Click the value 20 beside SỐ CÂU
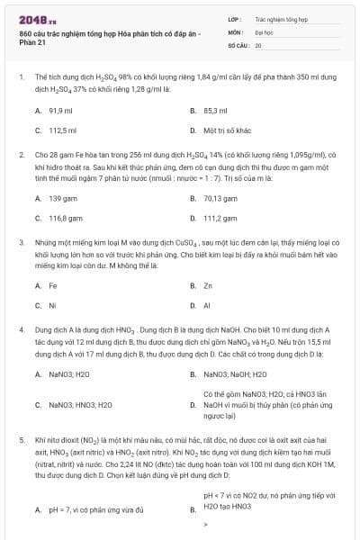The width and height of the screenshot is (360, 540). coord(258,44)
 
